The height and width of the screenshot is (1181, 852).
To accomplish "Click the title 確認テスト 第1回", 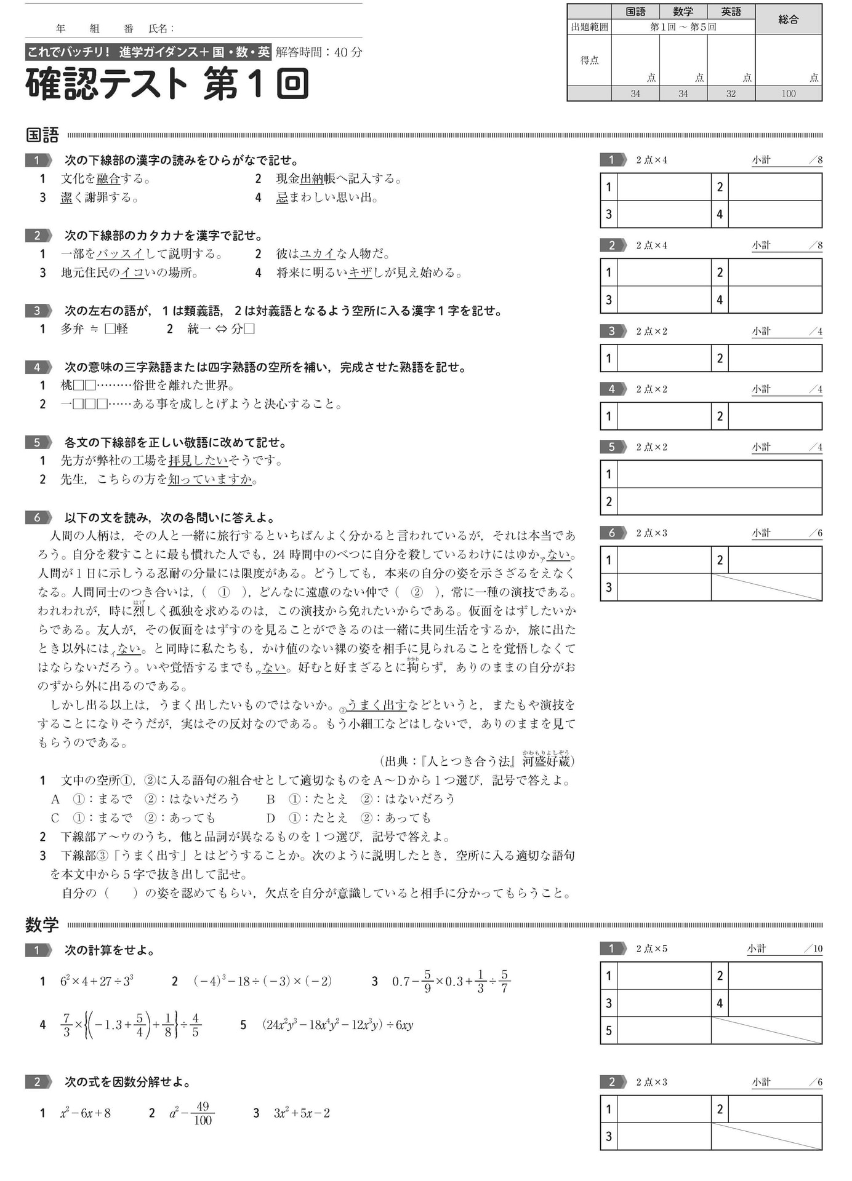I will tap(167, 84).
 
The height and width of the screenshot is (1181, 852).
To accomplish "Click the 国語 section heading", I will tap(42, 135).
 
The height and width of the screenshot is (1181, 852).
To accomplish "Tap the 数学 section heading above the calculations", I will tap(42, 925).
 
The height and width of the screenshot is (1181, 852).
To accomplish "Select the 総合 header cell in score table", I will tap(788, 19).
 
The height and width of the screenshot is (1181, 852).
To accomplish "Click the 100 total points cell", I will tap(788, 93).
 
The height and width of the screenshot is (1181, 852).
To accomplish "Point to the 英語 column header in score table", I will tap(731, 12).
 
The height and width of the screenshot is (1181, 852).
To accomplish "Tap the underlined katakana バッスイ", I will tap(120, 254).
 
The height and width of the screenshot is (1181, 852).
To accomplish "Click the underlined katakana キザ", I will tap(360, 272).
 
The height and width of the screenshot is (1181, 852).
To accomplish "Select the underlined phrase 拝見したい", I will tap(198, 461).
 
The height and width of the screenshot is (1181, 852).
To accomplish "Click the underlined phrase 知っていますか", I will tap(210, 479).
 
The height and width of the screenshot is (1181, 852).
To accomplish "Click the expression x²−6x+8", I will tap(85, 1113).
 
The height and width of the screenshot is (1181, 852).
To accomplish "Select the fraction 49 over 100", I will tap(203, 1113).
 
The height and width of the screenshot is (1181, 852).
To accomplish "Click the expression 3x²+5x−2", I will tap(302, 1113).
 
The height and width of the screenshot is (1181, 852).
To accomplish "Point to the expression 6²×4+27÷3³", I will tap(97, 981).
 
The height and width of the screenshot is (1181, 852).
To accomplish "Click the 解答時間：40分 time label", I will tap(318, 52).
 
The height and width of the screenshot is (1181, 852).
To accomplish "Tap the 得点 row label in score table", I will tap(589, 60).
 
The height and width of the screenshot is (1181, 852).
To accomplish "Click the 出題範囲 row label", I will tap(589, 27).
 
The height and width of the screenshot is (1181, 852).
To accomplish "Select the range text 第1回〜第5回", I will tap(683, 27).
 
